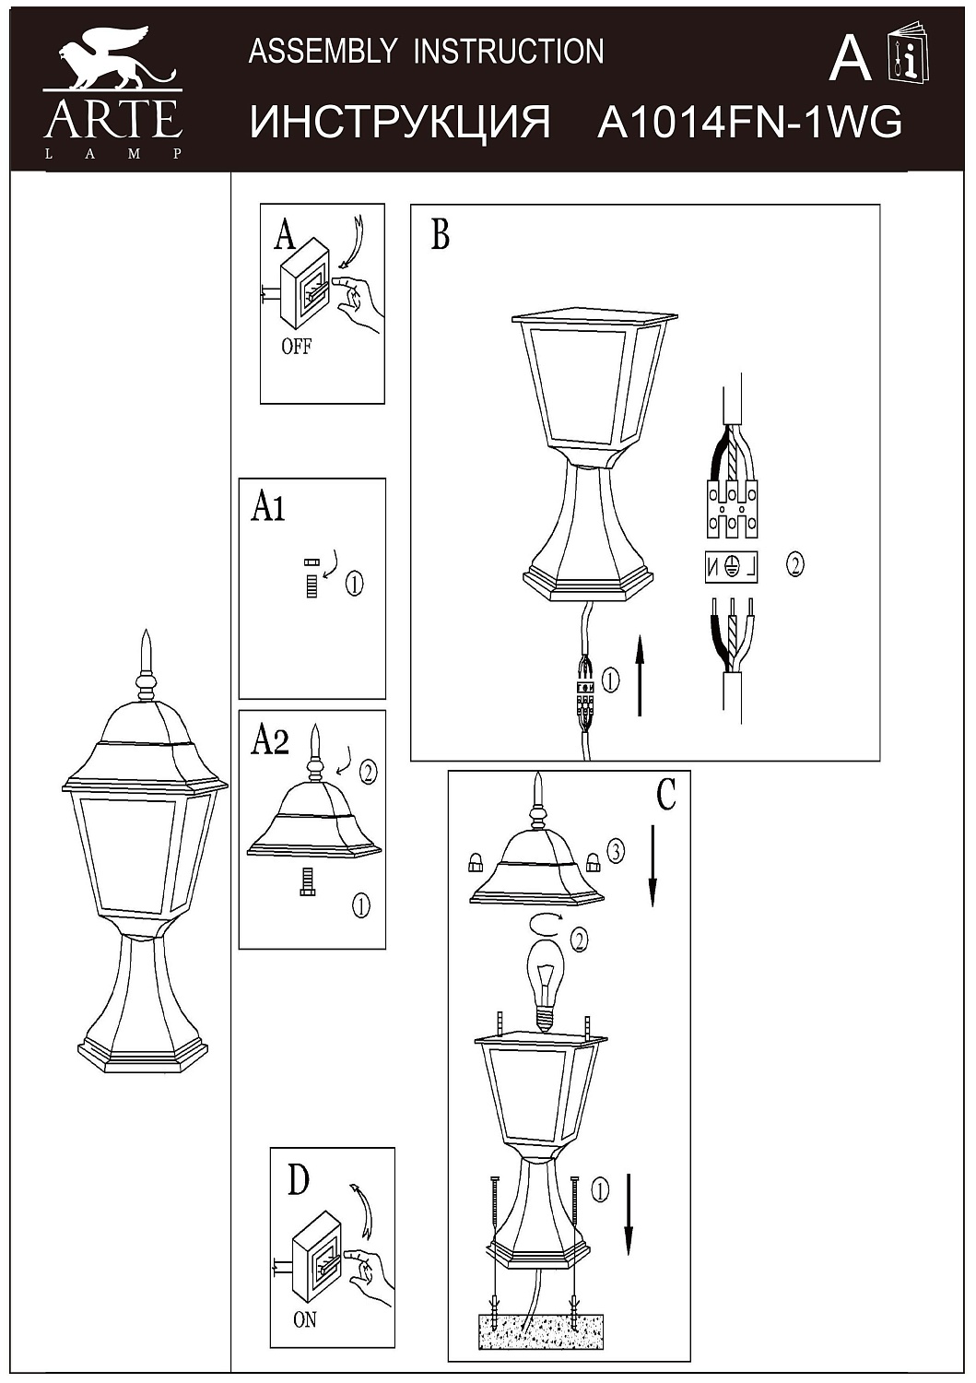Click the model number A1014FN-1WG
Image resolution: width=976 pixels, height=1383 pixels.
pyautogui.click(x=749, y=123)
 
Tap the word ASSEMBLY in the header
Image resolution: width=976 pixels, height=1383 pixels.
pyautogui.click(x=321, y=51)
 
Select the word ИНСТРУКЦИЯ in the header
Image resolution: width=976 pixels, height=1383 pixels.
pyautogui.click(x=399, y=123)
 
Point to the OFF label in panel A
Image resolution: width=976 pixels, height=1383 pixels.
pyautogui.click(x=297, y=347)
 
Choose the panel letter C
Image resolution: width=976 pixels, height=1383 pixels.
pyautogui.click(x=666, y=795)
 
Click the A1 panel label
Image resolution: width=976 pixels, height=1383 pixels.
pyautogui.click(x=268, y=508)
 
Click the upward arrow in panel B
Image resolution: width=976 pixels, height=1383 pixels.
pyautogui.click(x=640, y=676)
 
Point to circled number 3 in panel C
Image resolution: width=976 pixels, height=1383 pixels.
pyautogui.click(x=615, y=852)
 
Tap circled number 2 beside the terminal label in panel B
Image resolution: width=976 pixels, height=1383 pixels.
pyautogui.click(x=794, y=564)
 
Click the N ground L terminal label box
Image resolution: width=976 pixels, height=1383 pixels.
pyautogui.click(x=732, y=567)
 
